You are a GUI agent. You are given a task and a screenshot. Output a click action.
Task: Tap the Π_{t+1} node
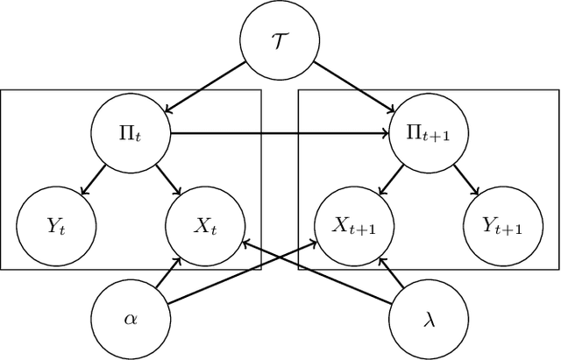424,134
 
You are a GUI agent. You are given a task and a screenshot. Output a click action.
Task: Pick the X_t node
203,225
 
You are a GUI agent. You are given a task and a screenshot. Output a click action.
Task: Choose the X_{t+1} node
354,225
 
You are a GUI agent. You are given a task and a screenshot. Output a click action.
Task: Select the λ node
424,315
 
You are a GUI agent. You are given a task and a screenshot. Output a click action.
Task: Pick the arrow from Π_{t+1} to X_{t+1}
391,178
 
